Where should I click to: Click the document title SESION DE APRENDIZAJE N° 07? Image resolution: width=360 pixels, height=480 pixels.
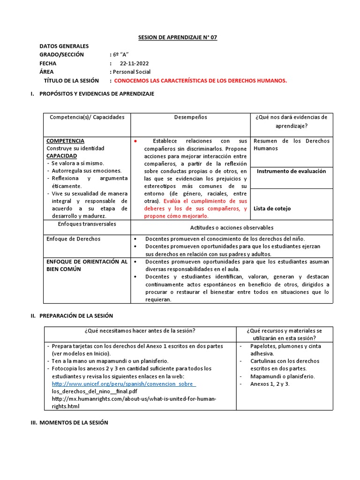pyautogui.click(x=171, y=37)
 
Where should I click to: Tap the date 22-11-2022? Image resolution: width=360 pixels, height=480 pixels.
pyautogui.click(x=134, y=63)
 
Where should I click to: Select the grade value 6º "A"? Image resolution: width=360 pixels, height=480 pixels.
pyautogui.click(x=120, y=55)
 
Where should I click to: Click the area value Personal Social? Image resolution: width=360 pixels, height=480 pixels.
pyautogui.click(x=131, y=72)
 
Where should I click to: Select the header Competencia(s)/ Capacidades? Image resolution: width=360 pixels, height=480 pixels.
pyautogui.click(x=87, y=118)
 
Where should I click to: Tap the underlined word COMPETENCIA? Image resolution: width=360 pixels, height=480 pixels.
pyautogui.click(x=65, y=141)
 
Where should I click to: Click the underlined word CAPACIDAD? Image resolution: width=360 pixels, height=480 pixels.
pyautogui.click(x=61, y=156)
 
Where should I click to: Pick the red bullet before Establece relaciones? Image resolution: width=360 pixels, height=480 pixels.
pyautogui.click(x=135, y=141)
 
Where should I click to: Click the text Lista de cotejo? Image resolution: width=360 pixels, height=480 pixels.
pyautogui.click(x=272, y=209)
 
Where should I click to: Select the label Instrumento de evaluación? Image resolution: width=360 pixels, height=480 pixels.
pyautogui.click(x=291, y=172)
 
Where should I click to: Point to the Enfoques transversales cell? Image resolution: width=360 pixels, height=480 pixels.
pyautogui.click(x=87, y=225)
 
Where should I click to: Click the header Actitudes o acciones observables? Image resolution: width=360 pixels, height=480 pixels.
pyautogui.click(x=232, y=228)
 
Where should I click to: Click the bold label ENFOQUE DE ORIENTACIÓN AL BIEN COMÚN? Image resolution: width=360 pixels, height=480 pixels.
pyautogui.click(x=87, y=265)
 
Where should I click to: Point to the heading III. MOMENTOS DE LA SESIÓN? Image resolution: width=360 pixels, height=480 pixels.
pyautogui.click(x=73, y=422)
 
